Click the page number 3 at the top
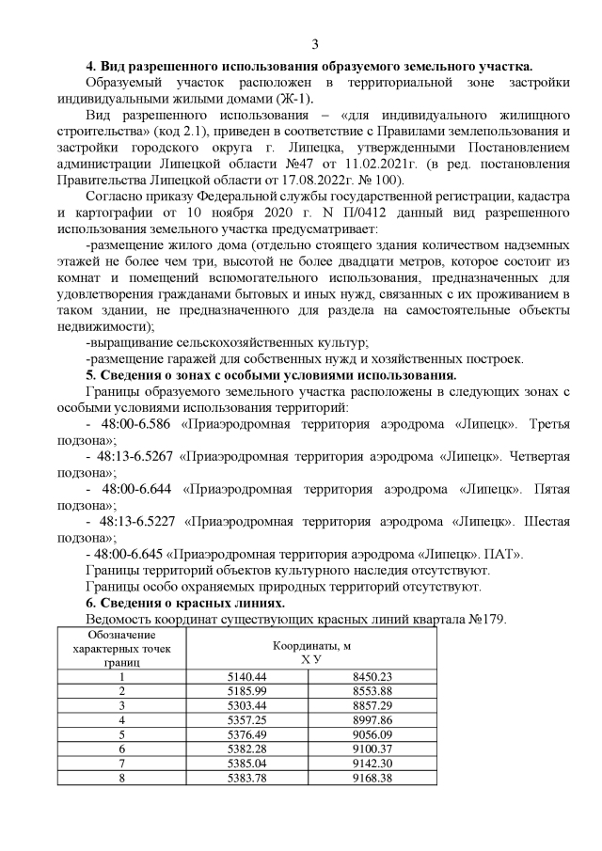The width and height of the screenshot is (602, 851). coord(315,43)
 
